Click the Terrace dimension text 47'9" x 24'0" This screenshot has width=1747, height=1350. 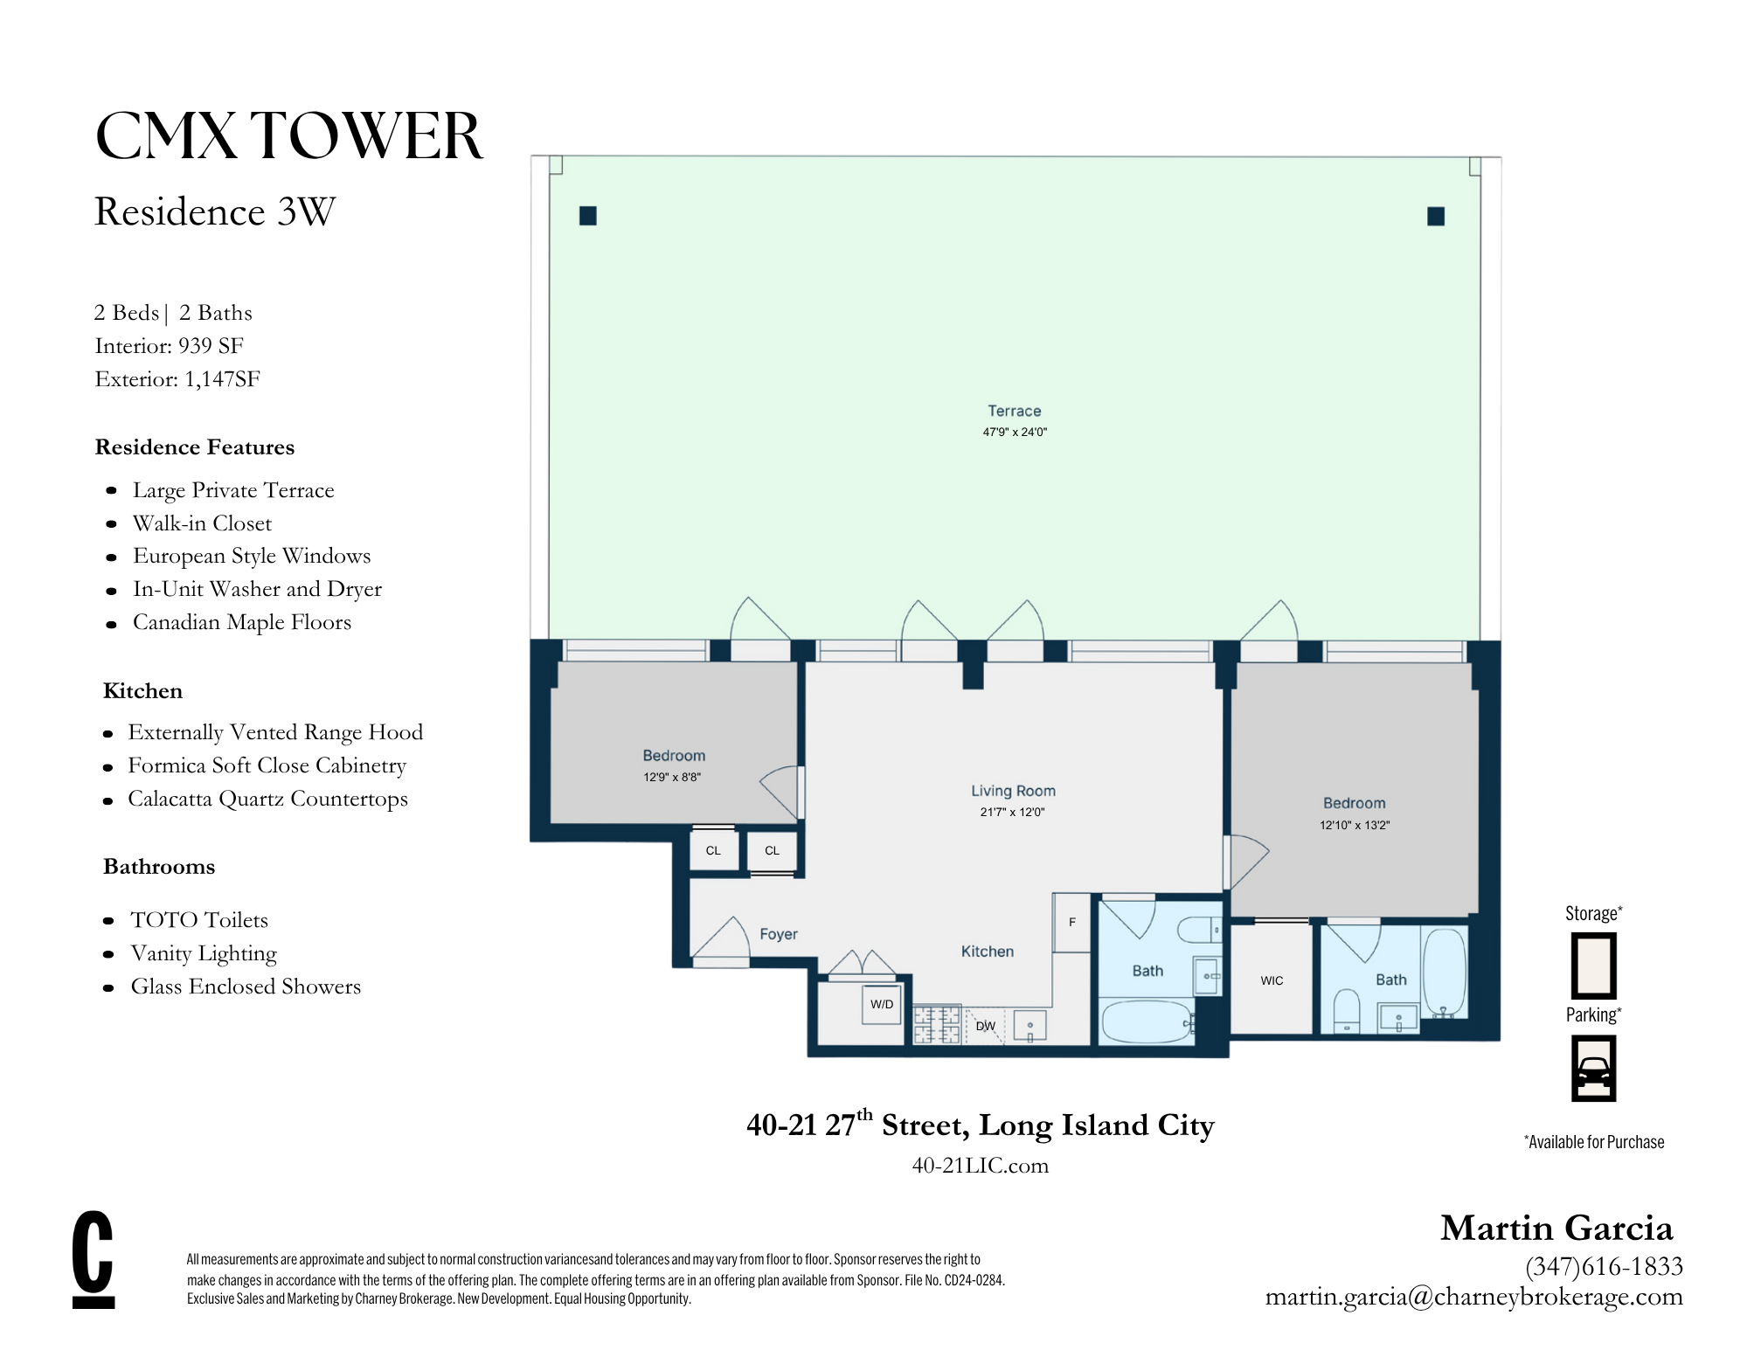[1014, 432]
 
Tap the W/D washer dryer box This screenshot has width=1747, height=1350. [881, 1005]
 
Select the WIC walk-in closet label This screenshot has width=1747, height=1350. [1271, 980]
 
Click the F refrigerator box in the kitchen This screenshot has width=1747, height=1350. [1071, 923]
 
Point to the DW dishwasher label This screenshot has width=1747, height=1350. [985, 1026]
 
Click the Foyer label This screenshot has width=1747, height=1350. [778, 934]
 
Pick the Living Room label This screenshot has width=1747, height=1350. [1013, 791]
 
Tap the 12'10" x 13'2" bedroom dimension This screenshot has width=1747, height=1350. [1354, 825]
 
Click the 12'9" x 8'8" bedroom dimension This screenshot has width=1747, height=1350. [672, 777]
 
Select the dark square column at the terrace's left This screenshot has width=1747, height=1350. [587, 216]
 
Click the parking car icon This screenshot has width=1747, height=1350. [1592, 1069]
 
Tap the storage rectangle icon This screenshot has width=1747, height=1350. [1592, 966]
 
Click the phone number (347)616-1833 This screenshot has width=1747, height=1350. [1604, 1266]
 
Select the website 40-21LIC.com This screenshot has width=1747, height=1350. [980, 1166]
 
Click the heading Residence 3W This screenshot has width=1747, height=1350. [214, 211]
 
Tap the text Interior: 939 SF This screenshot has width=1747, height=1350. [169, 346]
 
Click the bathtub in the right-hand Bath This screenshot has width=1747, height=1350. [1443, 972]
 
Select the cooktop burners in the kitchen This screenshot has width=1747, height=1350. [936, 1025]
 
